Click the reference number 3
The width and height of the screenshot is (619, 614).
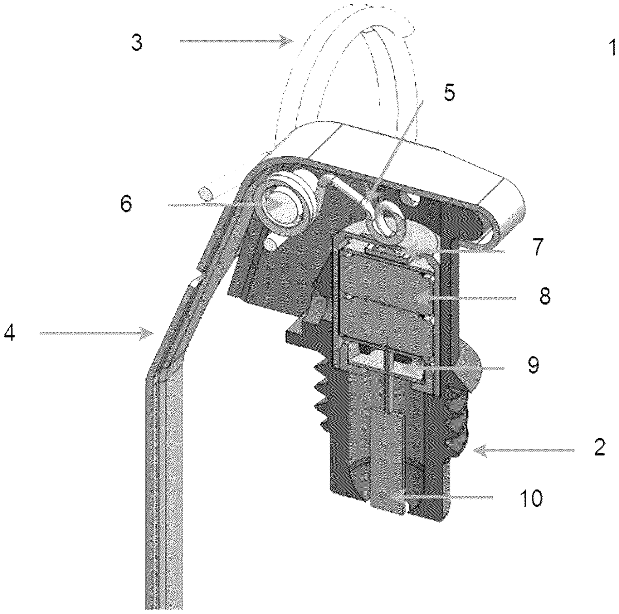pyautogui.click(x=137, y=43)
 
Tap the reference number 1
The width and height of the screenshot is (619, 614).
pyautogui.click(x=612, y=47)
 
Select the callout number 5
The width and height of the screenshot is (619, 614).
pyautogui.click(x=449, y=92)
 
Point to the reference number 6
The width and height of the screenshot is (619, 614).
pyautogui.click(x=126, y=203)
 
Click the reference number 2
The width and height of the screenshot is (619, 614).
pyautogui.click(x=599, y=447)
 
